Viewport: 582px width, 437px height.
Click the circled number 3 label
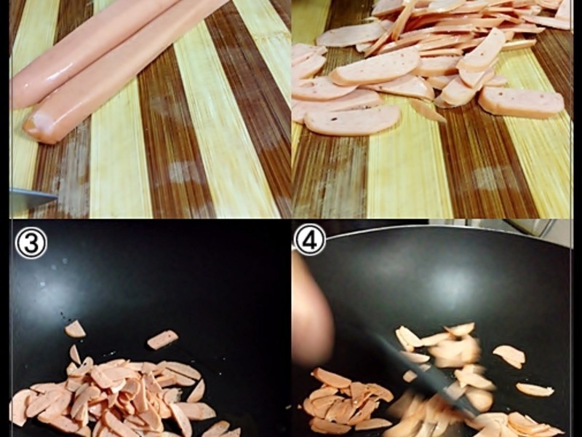click(x=31, y=243)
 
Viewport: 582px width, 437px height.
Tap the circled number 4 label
click(x=310, y=240)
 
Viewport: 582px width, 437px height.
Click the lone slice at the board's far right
click(x=521, y=103)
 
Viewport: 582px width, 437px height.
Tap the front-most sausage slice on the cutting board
click(x=352, y=119)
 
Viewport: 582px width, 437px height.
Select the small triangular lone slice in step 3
click(x=75, y=329)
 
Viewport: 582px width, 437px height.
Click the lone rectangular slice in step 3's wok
click(x=162, y=339)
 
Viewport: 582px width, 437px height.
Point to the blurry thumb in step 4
click(x=312, y=312)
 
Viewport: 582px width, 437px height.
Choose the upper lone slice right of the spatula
click(x=509, y=356)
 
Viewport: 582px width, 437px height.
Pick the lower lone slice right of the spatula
click(x=535, y=390)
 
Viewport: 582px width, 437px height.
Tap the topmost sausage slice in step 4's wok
click(x=461, y=329)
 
